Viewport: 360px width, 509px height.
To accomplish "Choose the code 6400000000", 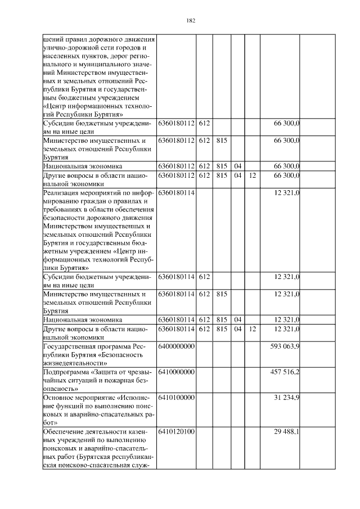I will point(177,346).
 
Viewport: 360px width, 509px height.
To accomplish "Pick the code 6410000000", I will point(177,372).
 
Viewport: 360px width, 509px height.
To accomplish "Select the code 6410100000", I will point(177,397).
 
